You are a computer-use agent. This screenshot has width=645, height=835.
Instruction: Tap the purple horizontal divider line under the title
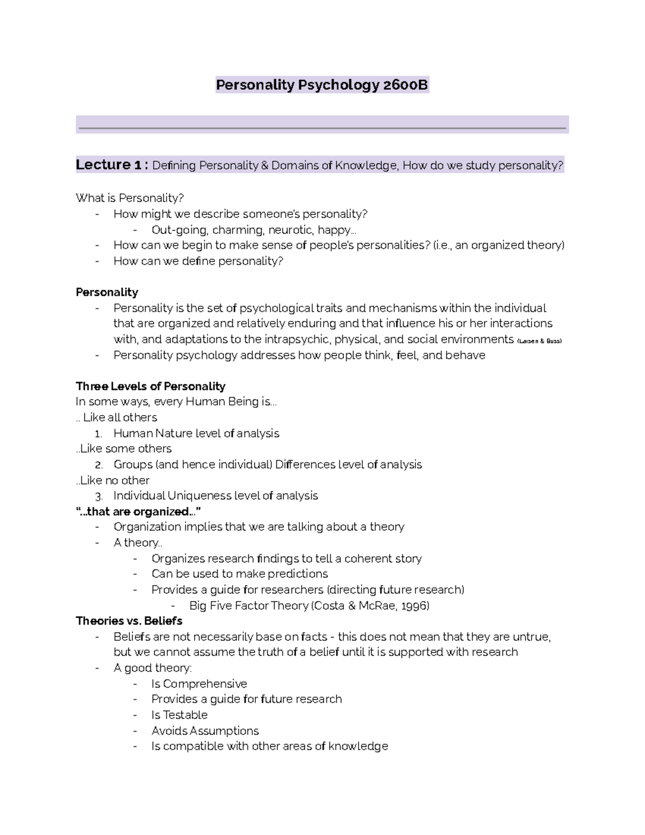pyautogui.click(x=322, y=128)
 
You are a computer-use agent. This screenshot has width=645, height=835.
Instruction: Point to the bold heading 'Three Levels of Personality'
pyautogui.click(x=150, y=386)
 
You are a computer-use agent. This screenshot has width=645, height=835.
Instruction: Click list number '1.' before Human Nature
pyautogui.click(x=98, y=434)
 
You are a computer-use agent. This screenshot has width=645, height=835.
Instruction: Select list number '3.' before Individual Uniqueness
pyautogui.click(x=98, y=496)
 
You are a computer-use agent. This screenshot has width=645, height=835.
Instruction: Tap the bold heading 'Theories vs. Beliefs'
pyautogui.click(x=129, y=621)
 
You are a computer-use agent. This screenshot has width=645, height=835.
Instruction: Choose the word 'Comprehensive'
pyautogui.click(x=205, y=683)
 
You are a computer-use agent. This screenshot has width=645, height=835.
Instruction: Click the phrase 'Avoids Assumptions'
pyautogui.click(x=205, y=731)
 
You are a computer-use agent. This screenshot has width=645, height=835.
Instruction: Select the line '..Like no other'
pyautogui.click(x=113, y=480)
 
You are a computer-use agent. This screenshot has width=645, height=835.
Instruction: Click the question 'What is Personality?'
pyautogui.click(x=130, y=198)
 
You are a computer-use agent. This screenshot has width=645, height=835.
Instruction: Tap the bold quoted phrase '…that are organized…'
pyautogui.click(x=139, y=511)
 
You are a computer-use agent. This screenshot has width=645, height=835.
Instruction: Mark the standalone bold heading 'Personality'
pyautogui.click(x=107, y=292)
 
